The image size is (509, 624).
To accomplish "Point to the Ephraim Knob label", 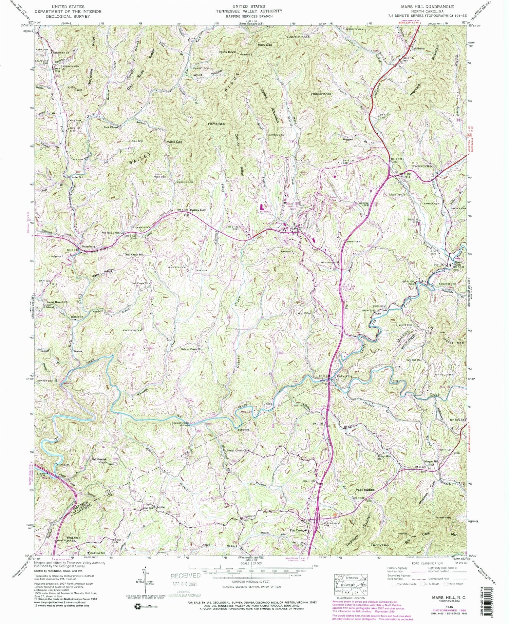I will coord(298,37).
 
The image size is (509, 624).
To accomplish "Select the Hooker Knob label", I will coord(321,94).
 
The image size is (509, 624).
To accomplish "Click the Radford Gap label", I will coord(421,167).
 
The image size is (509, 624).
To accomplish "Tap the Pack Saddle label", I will coord(365,490).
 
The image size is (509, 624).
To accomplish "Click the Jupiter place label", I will coord(161,507).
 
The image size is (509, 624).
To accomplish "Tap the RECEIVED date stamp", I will coord(185,576).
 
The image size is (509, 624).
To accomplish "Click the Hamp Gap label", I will coord(216,124).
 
